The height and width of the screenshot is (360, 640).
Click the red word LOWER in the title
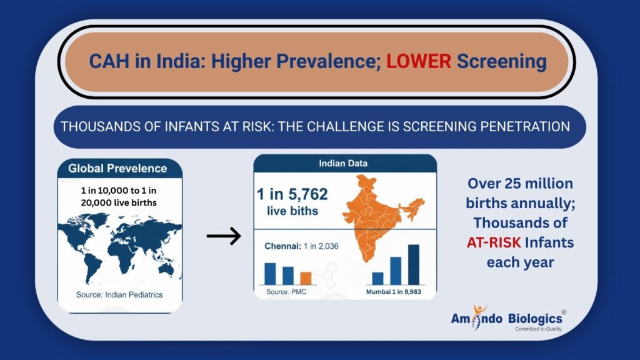click(418, 61)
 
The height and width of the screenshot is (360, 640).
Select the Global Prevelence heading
click(117, 168)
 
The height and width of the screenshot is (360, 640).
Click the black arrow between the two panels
click(224, 236)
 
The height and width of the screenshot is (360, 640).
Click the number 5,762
click(302, 194)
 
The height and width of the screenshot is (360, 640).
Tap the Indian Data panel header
click(344, 163)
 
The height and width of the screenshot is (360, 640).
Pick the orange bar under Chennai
click(306, 277)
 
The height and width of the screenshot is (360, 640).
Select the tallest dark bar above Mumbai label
click(413, 264)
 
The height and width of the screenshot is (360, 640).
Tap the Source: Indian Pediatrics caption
click(119, 294)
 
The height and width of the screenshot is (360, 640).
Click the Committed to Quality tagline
click(538, 329)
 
